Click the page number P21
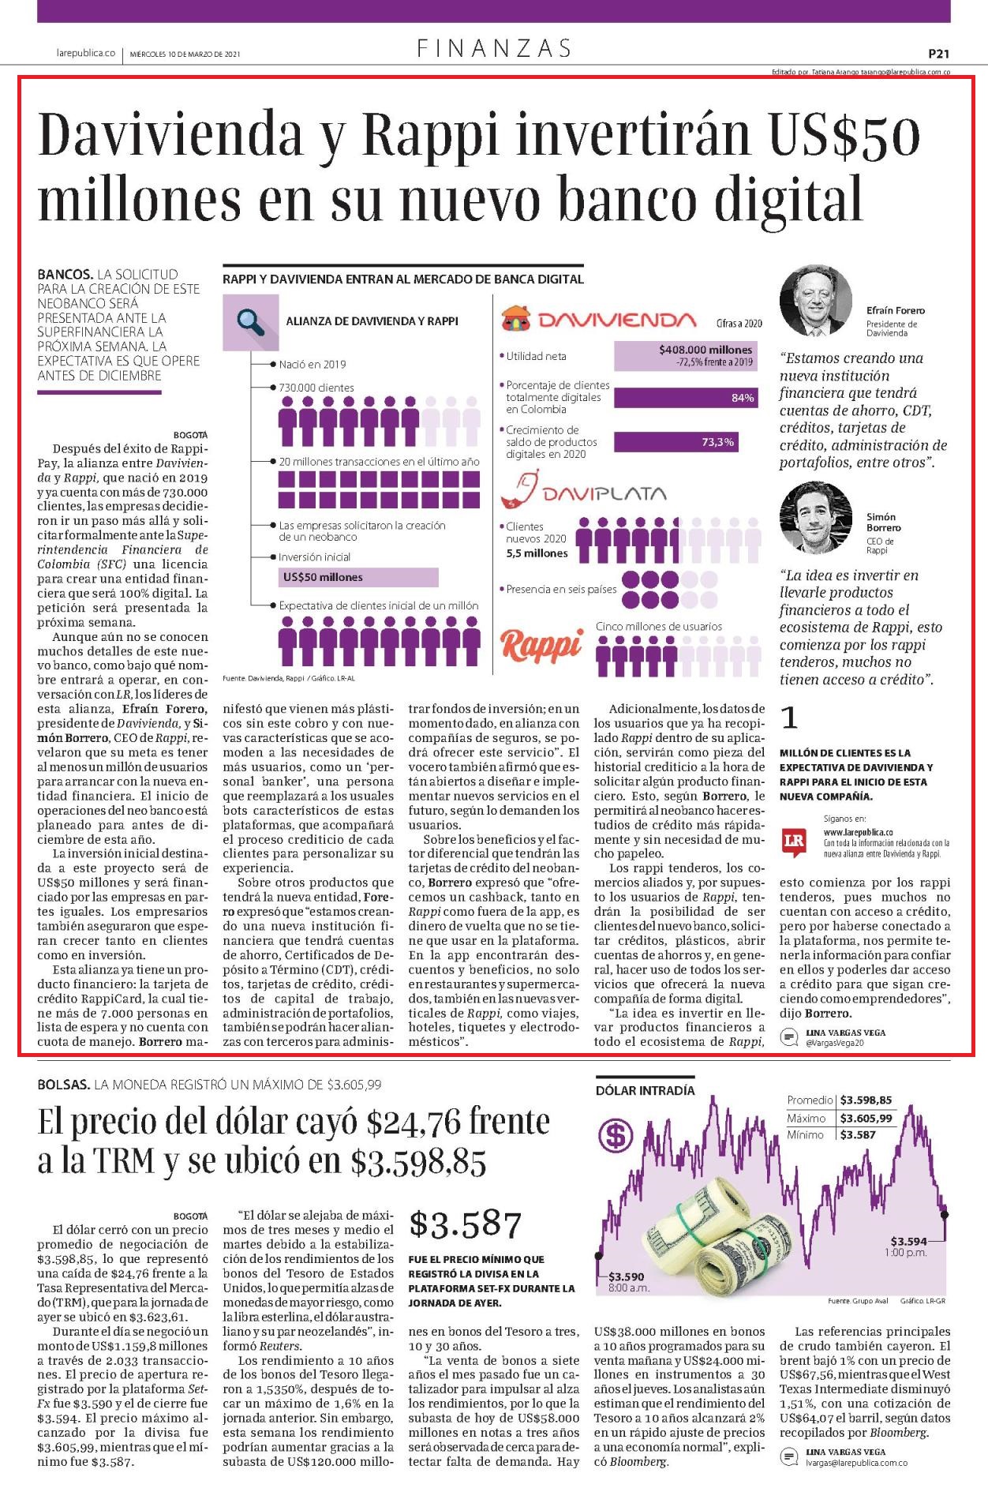[x=938, y=54]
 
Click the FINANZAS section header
[x=494, y=49]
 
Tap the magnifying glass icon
[x=250, y=322]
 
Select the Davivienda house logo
[x=517, y=319]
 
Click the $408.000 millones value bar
[x=685, y=356]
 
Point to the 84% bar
[x=685, y=398]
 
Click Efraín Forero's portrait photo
[x=816, y=301]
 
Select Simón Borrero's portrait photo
[x=816, y=517]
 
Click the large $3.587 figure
[x=466, y=1224]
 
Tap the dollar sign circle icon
[x=616, y=1136]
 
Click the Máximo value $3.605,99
[x=866, y=1118]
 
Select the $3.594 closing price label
[x=909, y=1241]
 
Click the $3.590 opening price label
[x=627, y=1276]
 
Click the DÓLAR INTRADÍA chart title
[x=646, y=1090]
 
